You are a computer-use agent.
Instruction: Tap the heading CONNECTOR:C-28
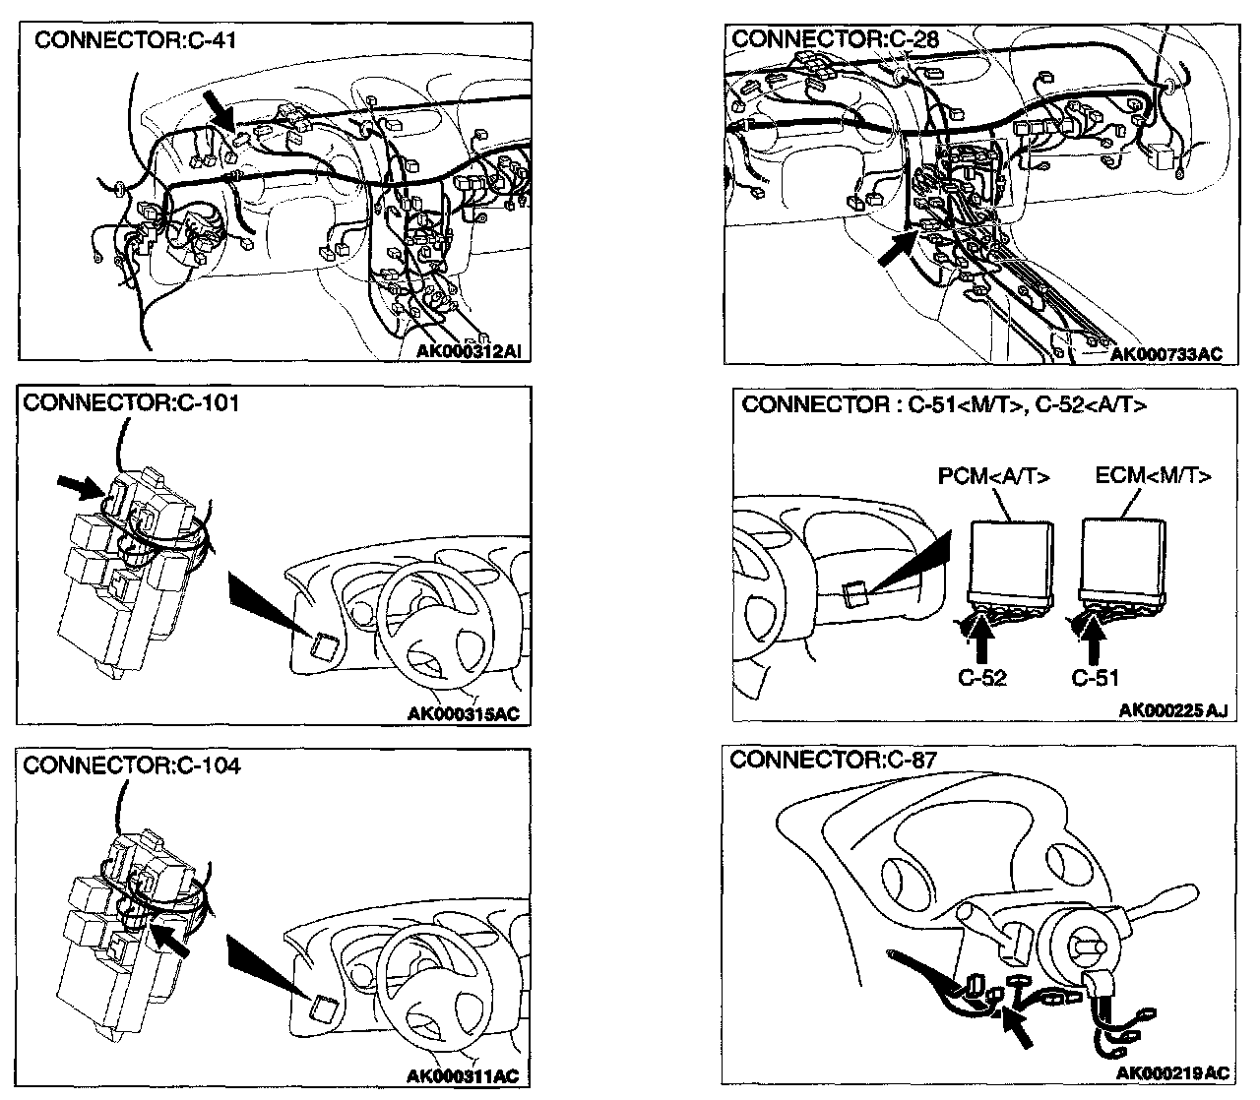(836, 39)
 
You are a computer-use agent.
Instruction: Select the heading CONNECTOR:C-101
(131, 402)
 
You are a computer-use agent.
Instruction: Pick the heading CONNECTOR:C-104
(131, 765)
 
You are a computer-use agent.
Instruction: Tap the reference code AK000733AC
(1165, 355)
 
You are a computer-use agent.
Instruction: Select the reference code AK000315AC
(464, 714)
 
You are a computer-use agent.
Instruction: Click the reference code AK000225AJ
(1173, 710)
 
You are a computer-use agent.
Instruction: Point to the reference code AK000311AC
(463, 1077)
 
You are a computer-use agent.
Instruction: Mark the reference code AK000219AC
(1173, 1071)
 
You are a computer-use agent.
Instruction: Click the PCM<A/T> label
(992, 477)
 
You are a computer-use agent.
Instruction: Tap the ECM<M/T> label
(1153, 476)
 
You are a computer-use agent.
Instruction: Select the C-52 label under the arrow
(981, 677)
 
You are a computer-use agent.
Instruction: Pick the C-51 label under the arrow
(1095, 677)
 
